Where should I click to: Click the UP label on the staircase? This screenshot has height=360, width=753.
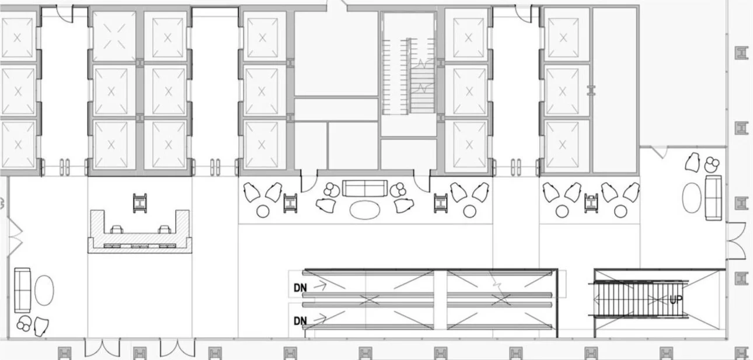tap(676, 299)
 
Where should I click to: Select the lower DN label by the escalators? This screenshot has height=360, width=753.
tap(300, 320)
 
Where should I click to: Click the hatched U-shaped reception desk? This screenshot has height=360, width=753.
tap(140, 233)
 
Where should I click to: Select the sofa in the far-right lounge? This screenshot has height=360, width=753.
tap(713, 197)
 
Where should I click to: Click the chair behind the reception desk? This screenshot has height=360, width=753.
tap(141, 202)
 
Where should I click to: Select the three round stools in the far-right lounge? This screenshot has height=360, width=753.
tap(711, 163)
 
